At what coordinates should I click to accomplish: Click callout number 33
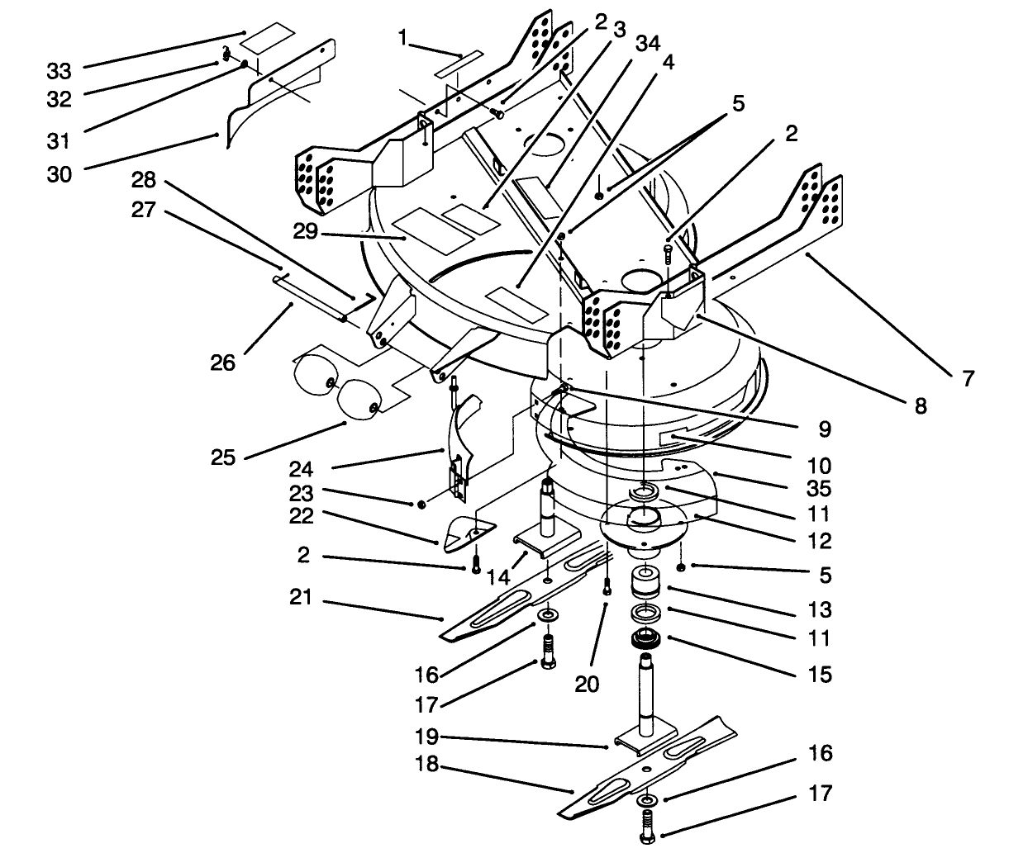[59, 70]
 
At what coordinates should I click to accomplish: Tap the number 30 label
[59, 174]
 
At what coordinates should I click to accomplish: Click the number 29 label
[306, 232]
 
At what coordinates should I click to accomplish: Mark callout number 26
[223, 362]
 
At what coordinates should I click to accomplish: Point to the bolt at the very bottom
[647, 826]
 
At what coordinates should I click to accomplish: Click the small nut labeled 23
[422, 503]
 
